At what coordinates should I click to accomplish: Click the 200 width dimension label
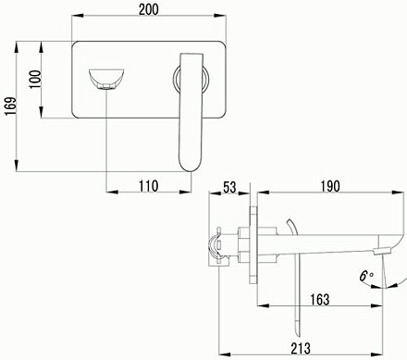148,9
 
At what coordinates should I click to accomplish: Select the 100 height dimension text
35,80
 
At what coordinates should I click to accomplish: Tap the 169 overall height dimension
10,106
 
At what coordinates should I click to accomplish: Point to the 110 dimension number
148,186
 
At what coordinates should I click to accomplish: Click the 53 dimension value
229,187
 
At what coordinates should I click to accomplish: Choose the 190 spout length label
330,186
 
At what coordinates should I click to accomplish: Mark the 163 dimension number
320,300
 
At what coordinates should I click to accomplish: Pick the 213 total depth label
301,348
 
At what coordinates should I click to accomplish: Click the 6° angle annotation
366,276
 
